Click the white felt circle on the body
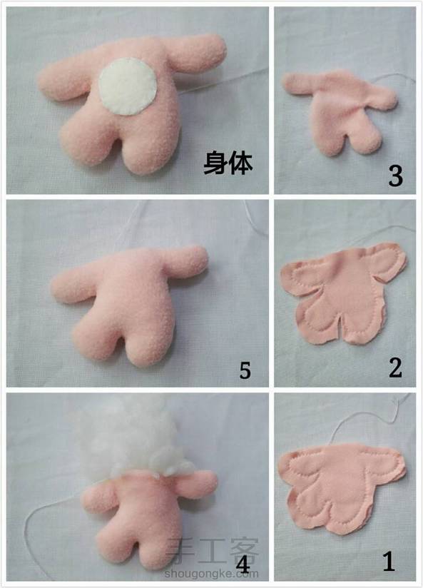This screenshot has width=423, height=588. (x=128, y=86)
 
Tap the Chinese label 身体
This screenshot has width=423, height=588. (x=228, y=163)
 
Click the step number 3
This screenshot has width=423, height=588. (x=395, y=176)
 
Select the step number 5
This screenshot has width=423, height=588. (x=245, y=370)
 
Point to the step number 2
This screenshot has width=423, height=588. (x=395, y=367)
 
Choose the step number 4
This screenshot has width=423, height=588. (x=243, y=564)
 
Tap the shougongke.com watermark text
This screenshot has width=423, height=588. (x=211, y=573)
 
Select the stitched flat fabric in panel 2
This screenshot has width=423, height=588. (x=343, y=293)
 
